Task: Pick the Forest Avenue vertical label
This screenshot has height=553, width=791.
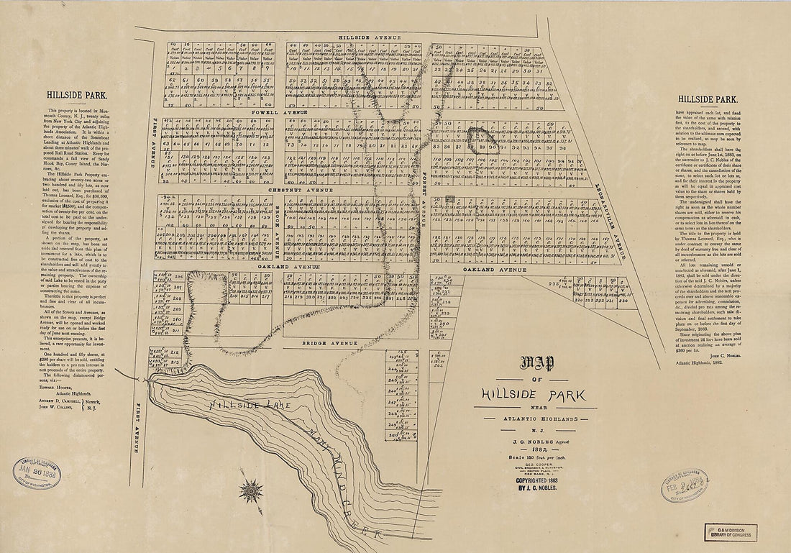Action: [424, 193]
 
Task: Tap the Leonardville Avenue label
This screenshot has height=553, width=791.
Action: [609, 219]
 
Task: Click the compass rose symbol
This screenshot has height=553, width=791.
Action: [251, 491]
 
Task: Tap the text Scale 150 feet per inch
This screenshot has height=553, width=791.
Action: [533, 457]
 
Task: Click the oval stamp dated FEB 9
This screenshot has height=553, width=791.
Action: [684, 485]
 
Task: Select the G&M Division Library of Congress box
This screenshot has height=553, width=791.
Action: [730, 532]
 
